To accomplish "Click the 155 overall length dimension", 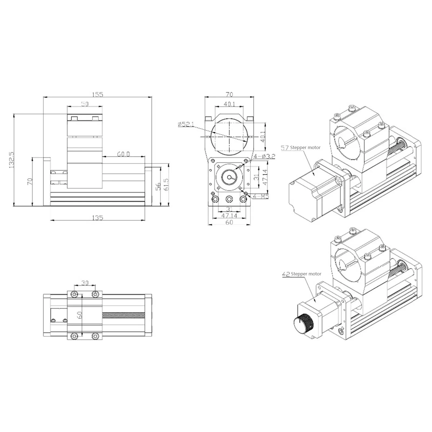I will (x=97, y=94).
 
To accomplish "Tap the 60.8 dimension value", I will (x=124, y=154).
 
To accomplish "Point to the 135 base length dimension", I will (x=97, y=218).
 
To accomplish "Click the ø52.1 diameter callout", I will (x=186, y=124).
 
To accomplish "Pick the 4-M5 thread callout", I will (x=261, y=196).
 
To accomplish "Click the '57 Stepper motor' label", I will (x=301, y=148).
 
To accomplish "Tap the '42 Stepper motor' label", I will (x=302, y=274).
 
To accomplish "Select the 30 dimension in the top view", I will (x=85, y=283).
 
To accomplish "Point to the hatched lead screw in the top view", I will (x=124, y=315).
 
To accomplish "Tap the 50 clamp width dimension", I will (x=85, y=104).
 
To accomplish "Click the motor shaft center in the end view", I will (x=229, y=177).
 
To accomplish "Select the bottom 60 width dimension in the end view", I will (x=229, y=222).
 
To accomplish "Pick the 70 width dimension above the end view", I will (x=229, y=94).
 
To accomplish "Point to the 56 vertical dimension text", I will (x=158, y=186).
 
